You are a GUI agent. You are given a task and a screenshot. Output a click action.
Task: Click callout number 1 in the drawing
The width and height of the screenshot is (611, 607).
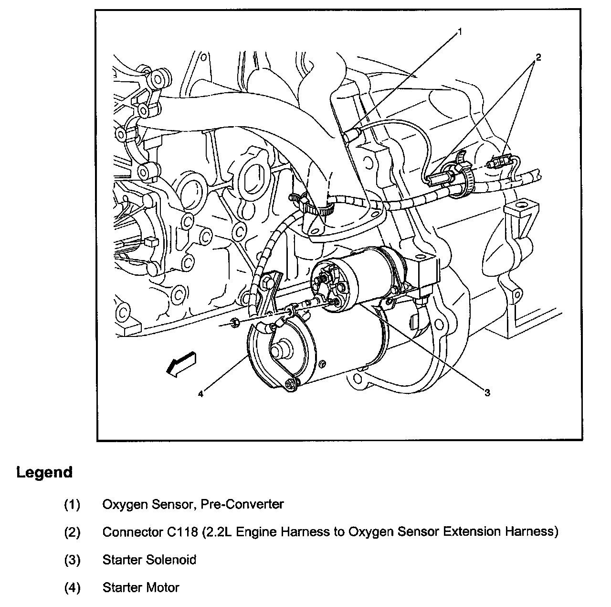pyautogui.click(x=460, y=32)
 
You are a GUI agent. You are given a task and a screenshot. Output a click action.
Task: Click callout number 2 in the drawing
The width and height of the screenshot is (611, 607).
pyautogui.click(x=538, y=57)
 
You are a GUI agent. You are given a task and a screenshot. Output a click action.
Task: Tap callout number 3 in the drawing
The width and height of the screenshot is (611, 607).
pyautogui.click(x=487, y=393)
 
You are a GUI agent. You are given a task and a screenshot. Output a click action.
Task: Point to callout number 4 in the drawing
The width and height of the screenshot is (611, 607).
pyautogui.click(x=201, y=394)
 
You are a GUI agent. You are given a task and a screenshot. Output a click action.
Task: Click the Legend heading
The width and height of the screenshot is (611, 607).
pyautogui.click(x=44, y=472)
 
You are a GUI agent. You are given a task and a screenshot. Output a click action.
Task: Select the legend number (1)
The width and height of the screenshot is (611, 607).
pyautogui.click(x=72, y=504)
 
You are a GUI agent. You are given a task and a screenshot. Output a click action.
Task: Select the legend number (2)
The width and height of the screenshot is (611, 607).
pyautogui.click(x=72, y=532)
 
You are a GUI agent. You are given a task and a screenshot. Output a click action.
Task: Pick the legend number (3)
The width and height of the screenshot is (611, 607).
pyautogui.click(x=72, y=560)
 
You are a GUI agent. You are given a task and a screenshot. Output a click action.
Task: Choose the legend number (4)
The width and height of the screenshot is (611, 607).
pyautogui.click(x=72, y=587)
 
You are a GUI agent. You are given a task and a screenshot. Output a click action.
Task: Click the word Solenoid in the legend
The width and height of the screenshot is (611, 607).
pyautogui.click(x=174, y=560)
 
